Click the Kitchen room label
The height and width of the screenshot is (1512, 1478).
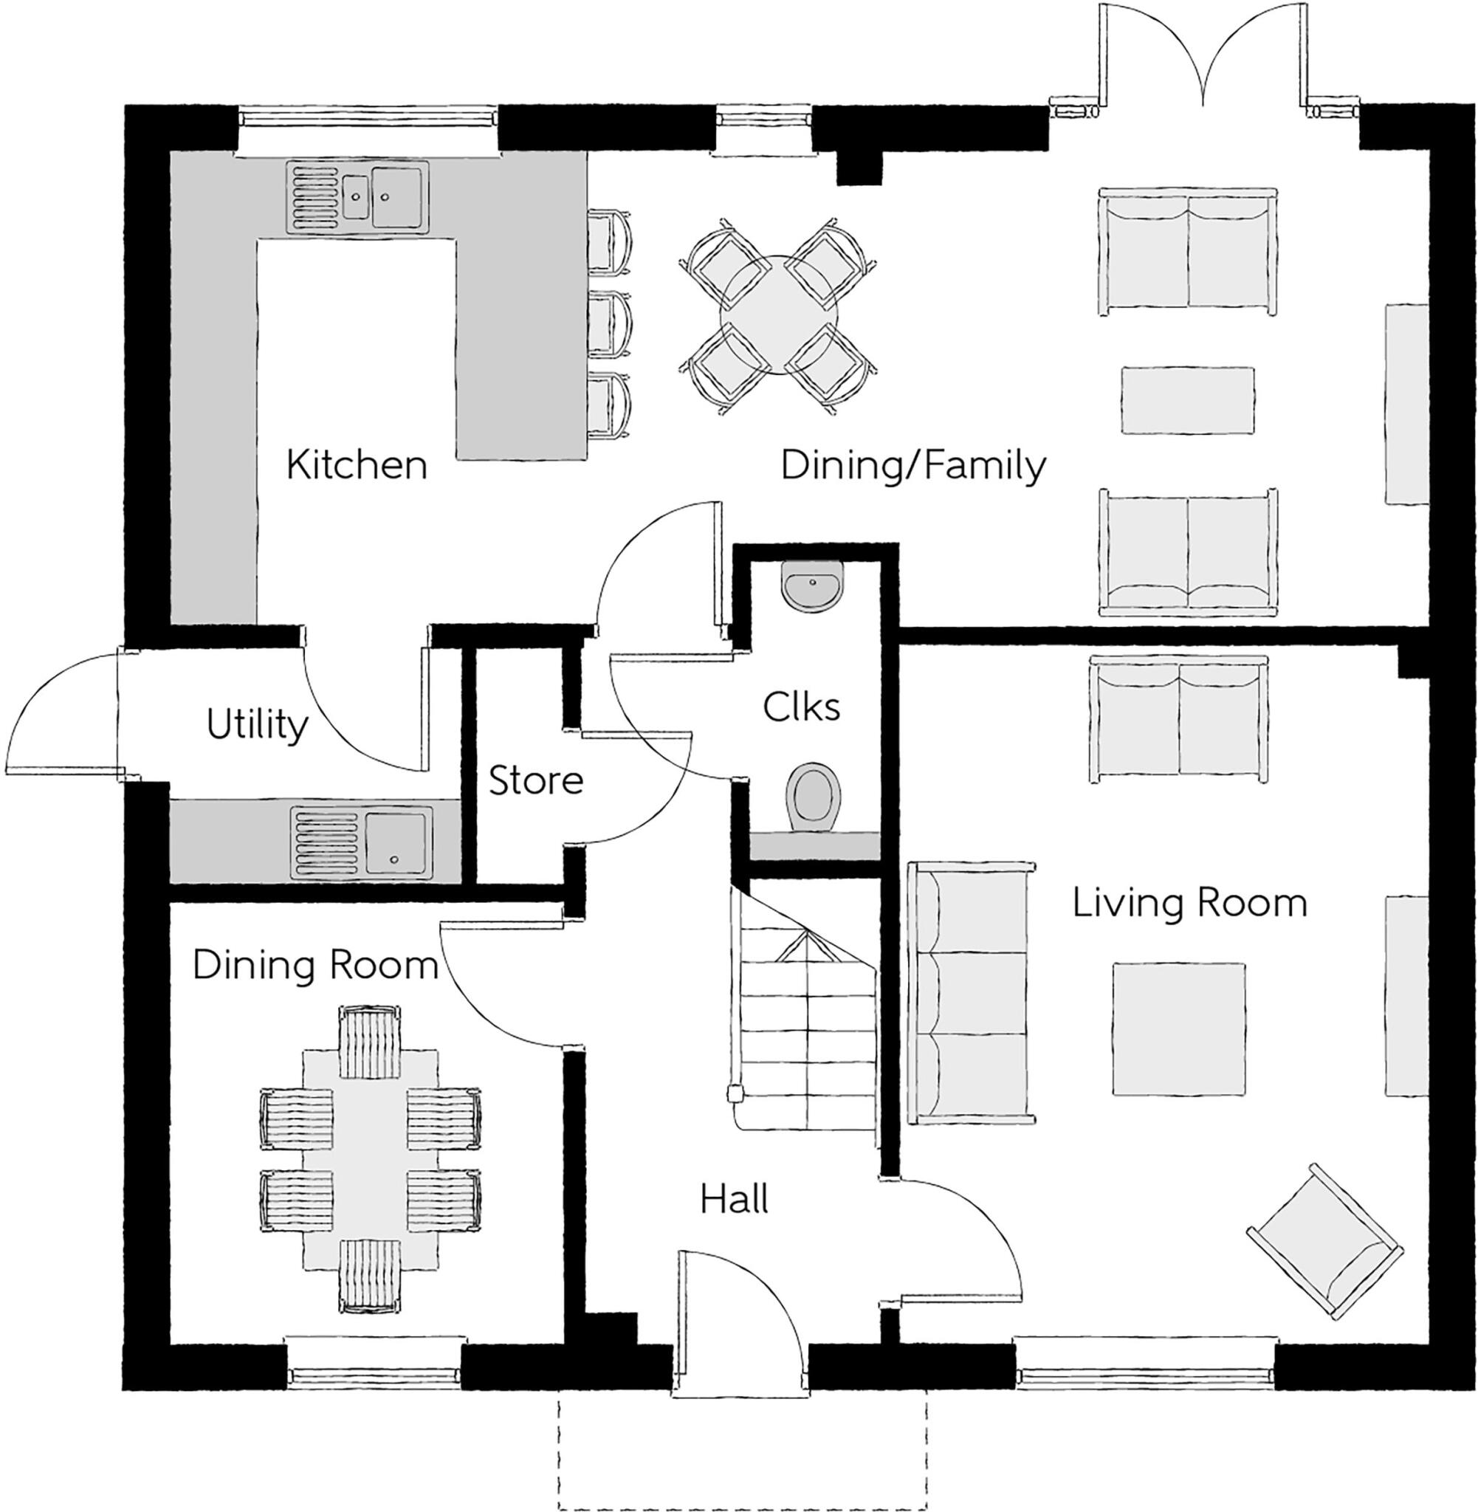coord(357,465)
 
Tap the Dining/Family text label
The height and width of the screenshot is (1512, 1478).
coord(913,466)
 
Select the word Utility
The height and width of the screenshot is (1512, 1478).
coord(257,725)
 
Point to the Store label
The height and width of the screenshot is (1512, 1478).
coord(536,781)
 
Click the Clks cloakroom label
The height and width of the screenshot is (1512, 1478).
coord(801,707)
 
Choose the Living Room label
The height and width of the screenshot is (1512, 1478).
coord(1189,904)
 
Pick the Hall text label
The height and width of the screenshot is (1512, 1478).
coord(735,1199)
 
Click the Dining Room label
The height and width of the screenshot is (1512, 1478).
coord(315,966)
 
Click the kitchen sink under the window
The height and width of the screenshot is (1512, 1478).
coord(357,197)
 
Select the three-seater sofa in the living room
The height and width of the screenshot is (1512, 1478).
coord(970,993)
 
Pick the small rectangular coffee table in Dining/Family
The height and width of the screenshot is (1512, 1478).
coord(1188,400)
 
